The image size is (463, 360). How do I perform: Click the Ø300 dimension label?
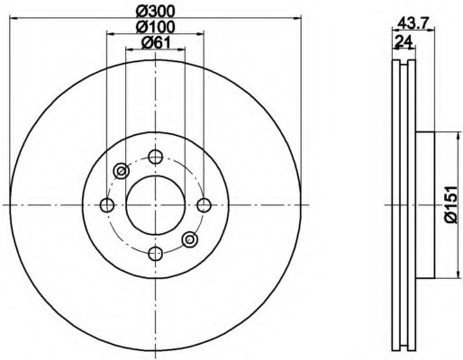click(155, 12)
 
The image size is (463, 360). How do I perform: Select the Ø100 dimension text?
click(155, 27)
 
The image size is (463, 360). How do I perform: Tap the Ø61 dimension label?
click(156, 43)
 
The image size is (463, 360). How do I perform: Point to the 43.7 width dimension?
click(412, 22)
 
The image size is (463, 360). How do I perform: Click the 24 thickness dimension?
click(403, 40)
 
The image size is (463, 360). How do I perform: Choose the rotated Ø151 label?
click(451, 204)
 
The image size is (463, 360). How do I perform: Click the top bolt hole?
click(156, 157)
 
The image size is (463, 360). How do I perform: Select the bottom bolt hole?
click(156, 254)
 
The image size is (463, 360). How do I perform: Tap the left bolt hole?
click(107, 205)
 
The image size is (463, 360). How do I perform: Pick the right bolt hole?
click(204, 205)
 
